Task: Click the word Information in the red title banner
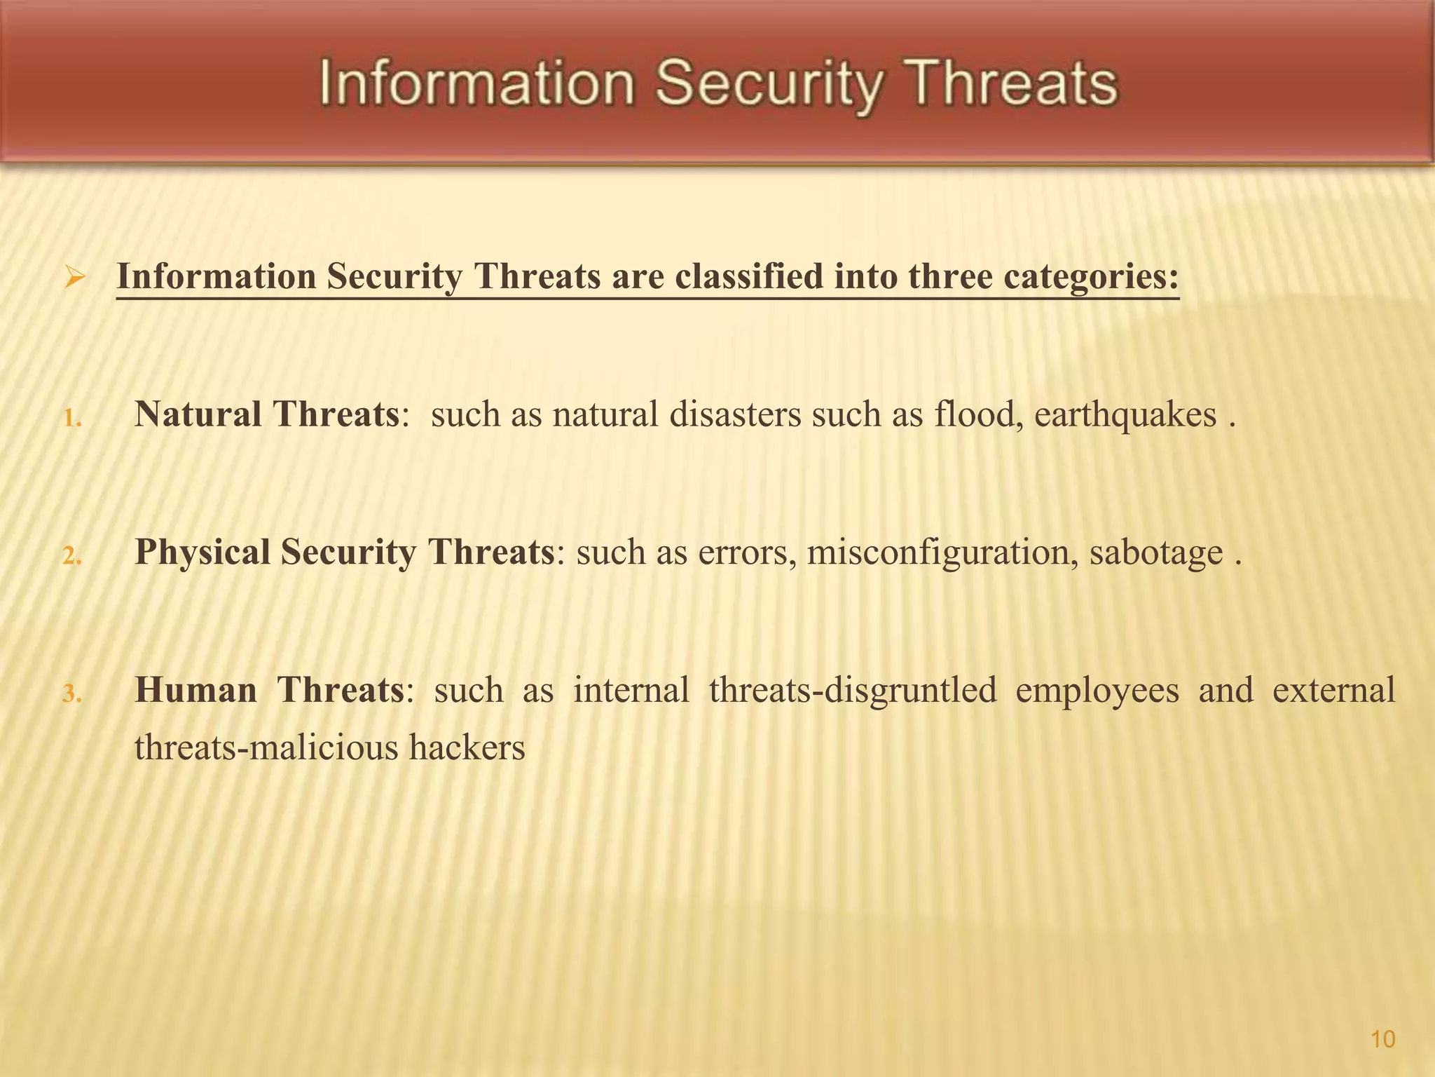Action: (477, 85)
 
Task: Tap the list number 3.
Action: (71, 694)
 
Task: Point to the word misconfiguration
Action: (942, 552)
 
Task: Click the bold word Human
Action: (195, 690)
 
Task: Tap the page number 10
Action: (1382, 1039)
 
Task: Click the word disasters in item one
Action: (735, 414)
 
